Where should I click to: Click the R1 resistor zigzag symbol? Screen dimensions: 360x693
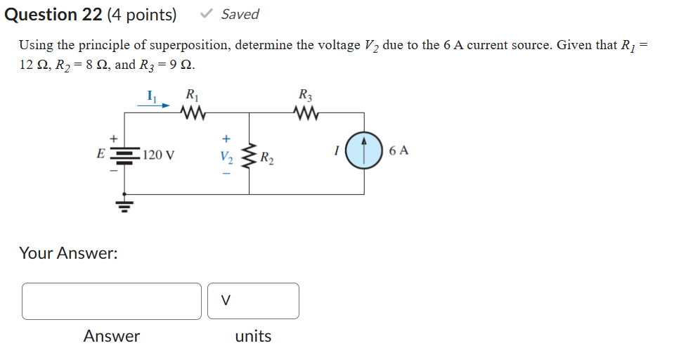point(191,112)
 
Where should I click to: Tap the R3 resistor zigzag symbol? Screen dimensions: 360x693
point(306,112)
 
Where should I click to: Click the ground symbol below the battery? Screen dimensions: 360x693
point(124,205)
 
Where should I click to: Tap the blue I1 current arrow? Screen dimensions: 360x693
point(153,105)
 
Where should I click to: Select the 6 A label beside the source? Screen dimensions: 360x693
point(398,150)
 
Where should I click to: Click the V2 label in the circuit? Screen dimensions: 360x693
point(225,155)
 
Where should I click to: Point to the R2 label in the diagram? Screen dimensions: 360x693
point(267,157)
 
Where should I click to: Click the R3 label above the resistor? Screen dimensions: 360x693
point(306,94)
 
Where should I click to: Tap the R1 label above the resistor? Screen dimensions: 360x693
point(191,94)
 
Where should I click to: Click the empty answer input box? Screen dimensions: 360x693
point(112,301)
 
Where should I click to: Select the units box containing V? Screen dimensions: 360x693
point(253,301)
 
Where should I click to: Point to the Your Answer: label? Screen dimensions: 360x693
point(68,253)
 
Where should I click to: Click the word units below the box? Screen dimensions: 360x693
point(253,336)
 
